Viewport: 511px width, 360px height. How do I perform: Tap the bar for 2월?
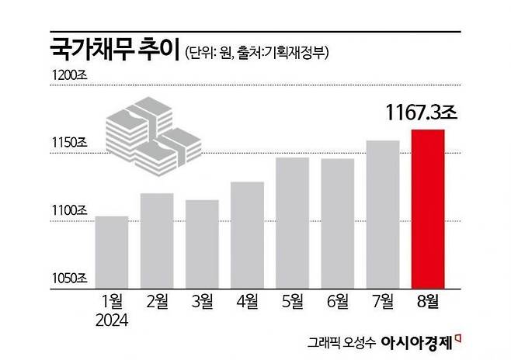point(157,240)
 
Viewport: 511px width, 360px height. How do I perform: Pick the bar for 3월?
point(202,243)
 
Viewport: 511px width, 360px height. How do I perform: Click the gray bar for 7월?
point(382,213)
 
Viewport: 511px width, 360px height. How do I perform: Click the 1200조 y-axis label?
point(71,75)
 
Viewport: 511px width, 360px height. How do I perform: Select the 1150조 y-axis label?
point(71,143)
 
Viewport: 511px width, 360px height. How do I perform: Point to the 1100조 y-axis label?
point(71,210)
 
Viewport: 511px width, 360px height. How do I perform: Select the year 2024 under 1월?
point(112,318)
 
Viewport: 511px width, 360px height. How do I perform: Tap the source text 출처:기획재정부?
point(287,53)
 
